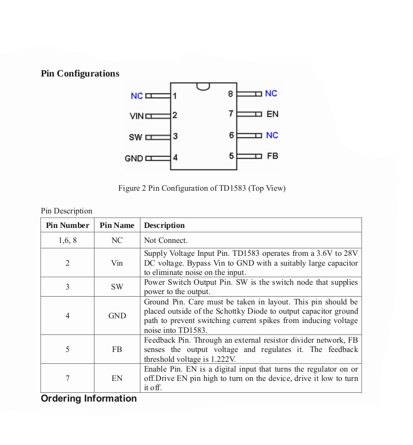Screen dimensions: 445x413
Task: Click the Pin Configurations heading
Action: point(80,73)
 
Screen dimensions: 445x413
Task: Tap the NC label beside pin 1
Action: point(137,96)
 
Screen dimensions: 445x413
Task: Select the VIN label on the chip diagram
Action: point(136,116)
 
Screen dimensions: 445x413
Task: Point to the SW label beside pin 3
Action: point(135,137)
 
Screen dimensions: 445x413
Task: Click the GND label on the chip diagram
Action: point(134,159)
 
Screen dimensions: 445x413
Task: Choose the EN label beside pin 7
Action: point(273,114)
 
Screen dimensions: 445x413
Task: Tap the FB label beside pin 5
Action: point(273,156)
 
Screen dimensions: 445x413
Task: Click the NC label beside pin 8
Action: point(271,94)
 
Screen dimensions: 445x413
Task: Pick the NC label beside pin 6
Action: point(272,135)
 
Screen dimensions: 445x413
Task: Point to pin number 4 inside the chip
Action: point(175,158)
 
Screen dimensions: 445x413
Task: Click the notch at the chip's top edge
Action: point(203,86)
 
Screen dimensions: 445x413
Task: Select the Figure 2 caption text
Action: point(202,188)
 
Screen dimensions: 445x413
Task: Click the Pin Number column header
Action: point(68,225)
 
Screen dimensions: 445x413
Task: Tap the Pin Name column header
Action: point(117,225)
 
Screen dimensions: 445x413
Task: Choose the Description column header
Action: point(164,225)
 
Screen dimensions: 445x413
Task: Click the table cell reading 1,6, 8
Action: point(68,240)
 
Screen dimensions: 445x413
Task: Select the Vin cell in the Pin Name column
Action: point(117,263)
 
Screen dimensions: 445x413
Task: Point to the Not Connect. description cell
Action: point(166,240)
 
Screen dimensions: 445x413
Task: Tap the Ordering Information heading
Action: point(89,398)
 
